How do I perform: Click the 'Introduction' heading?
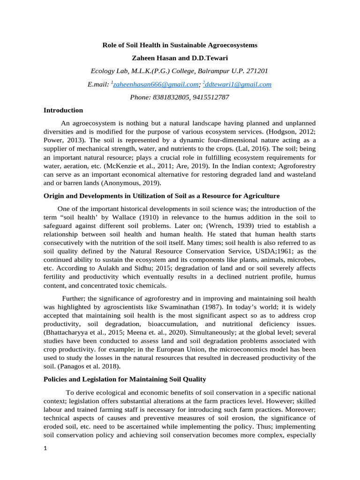point(63,110)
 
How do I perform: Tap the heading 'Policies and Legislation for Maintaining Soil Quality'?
point(125,379)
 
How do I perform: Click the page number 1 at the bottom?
point(45,461)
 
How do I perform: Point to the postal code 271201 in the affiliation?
point(256,71)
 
